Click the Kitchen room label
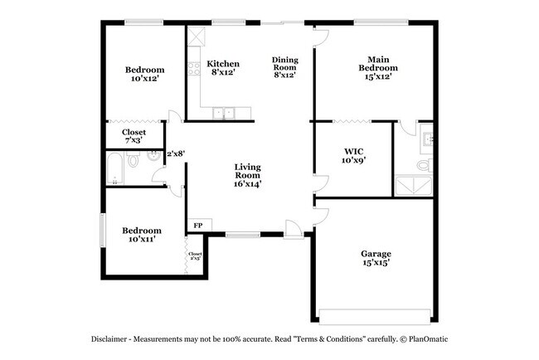pos(223,63)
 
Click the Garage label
pos(376,254)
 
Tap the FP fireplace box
pos(198,226)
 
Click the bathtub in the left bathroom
pos(115,171)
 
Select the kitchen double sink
pos(223,114)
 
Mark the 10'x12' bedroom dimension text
pos(144,80)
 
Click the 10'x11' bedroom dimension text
pos(143,239)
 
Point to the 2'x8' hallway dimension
pos(175,153)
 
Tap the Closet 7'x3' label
pos(134,136)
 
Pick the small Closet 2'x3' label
pos(195,256)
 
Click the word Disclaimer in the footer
pos(113,340)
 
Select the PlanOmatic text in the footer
pos(427,340)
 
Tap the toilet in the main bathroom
pos(423,165)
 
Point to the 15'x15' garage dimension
pos(376,264)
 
